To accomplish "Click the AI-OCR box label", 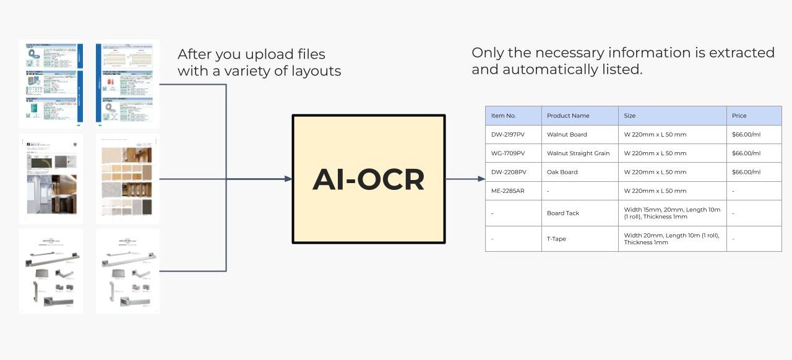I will coord(368,179).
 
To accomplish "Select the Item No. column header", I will coord(503,116).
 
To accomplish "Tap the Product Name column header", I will coord(568,116).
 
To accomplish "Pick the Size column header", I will coord(630,116).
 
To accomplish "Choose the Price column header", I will coord(739,116).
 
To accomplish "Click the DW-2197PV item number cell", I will coord(508,134).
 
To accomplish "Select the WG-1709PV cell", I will coord(508,153).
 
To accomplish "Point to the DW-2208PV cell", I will coord(508,172).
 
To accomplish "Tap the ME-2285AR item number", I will coord(507,191).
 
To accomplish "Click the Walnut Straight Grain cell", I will coord(578,153).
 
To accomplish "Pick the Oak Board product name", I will coord(562,172).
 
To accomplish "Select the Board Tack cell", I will coord(563,213).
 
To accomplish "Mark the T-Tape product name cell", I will coord(556,239).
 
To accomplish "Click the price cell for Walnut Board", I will coord(746,134).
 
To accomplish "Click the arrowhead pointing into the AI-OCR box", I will coord(288,179).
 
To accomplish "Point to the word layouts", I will coord(316,71).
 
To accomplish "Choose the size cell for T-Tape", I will coord(671,239).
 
